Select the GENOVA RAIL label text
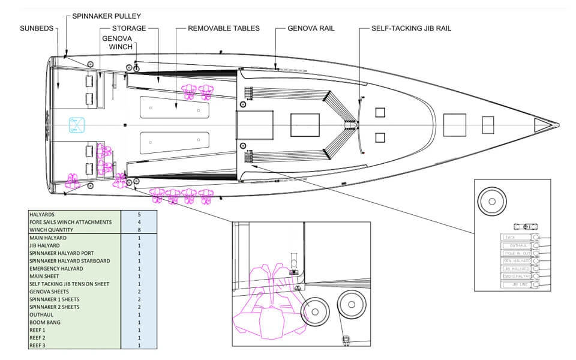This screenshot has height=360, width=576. [311, 28]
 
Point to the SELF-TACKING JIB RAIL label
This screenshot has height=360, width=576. [411, 28]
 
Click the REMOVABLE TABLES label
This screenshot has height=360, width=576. [224, 28]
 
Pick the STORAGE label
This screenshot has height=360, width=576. [129, 28]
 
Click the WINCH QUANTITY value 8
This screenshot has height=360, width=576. [139, 230]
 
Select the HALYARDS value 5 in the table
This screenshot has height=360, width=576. [139, 214]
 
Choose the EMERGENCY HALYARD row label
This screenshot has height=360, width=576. [56, 268]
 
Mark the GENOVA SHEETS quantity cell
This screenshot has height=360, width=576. [139, 292]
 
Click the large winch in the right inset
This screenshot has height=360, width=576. [491, 202]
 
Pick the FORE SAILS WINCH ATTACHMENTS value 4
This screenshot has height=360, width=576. [139, 222]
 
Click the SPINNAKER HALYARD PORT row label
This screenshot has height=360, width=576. [61, 253]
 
